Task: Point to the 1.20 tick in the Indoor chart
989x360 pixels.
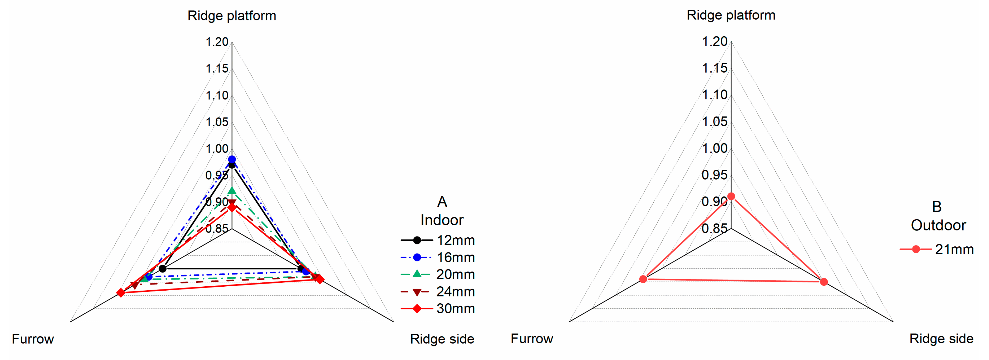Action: [x=217, y=42]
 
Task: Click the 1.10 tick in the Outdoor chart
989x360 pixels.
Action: [x=714, y=95]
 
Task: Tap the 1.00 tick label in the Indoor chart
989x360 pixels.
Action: [x=217, y=149]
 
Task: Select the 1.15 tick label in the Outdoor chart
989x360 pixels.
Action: [x=714, y=68]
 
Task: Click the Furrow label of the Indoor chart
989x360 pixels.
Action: [x=33, y=339]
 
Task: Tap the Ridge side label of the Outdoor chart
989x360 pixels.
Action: [x=941, y=338]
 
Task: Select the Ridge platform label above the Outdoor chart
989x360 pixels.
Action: [x=731, y=15]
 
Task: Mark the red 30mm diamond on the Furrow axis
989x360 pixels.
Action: [x=121, y=293]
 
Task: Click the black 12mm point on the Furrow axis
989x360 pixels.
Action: [x=163, y=268]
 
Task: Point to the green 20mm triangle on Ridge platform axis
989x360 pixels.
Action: [x=232, y=190]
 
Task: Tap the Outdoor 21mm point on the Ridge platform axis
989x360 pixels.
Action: [x=731, y=197]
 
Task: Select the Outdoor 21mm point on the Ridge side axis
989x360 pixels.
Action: [x=824, y=282]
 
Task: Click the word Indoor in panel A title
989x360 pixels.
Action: [x=442, y=220]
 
